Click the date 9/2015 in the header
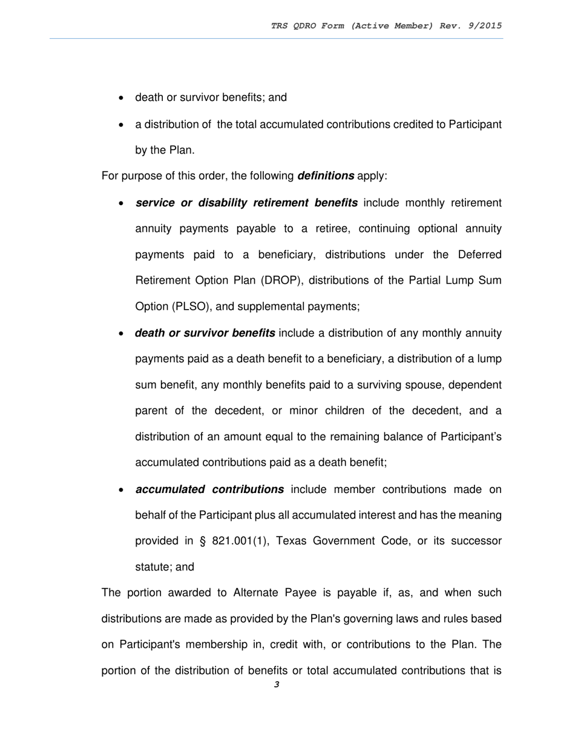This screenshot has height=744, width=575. pyautogui.click(x=482, y=25)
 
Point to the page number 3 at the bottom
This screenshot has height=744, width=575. pyautogui.click(x=277, y=685)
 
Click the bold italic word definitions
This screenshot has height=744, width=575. pyautogui.click(x=326, y=176)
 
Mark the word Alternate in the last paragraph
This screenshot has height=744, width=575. pyautogui.click(x=257, y=593)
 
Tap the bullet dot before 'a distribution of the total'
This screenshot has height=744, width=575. pyautogui.click(x=122, y=125)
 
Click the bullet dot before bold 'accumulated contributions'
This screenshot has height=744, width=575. pyautogui.click(x=122, y=490)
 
